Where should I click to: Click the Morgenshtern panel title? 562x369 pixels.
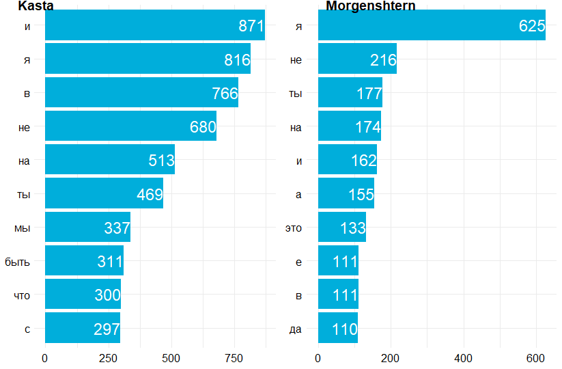[370, 6]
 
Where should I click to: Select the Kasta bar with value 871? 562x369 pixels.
[154, 26]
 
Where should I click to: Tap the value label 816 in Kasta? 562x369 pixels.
[237, 60]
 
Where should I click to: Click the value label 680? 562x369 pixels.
[203, 127]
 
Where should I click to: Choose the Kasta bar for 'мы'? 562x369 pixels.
[87, 228]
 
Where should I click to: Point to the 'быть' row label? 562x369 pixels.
[17, 262]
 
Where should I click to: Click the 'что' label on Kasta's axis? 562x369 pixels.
[22, 295]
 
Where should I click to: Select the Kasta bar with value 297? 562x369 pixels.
[82, 329]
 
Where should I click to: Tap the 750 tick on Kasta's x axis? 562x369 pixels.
[234, 357]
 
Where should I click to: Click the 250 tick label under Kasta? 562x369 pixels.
[108, 357]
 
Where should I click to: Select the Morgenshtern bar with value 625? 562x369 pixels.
[432, 26]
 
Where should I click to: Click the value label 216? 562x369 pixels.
[383, 60]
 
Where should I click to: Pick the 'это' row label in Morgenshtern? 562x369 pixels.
[293, 228]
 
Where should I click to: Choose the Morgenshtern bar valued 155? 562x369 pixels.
[346, 194]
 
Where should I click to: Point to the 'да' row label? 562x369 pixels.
[295, 329]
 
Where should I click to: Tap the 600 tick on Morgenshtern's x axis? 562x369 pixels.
[536, 357]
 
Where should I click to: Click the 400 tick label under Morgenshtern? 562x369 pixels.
[463, 357]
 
